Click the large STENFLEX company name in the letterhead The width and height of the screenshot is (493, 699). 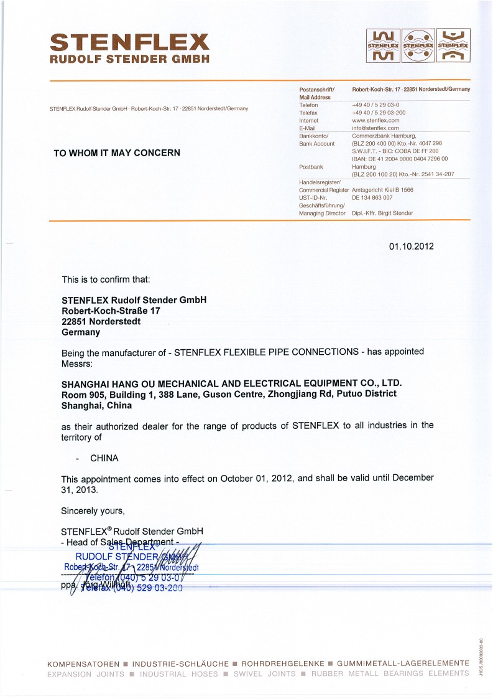click(129, 42)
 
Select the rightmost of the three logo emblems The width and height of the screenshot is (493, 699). click(453, 46)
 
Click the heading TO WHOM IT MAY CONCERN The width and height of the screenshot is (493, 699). click(117, 152)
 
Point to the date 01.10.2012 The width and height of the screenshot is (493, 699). click(411, 246)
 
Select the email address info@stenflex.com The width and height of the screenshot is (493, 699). click(374, 128)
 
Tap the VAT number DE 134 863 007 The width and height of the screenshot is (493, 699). click(372, 197)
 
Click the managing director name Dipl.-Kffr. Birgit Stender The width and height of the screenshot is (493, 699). click(382, 213)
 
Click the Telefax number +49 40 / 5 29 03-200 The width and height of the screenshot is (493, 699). click(379, 113)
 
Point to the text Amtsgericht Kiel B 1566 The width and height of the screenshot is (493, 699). click(382, 189)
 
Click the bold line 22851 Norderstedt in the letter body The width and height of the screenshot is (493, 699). click(101, 322)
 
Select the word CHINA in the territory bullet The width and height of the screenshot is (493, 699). click(104, 458)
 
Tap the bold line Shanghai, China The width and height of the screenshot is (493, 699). click(96, 405)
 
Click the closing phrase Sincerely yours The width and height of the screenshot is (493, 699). click(93, 511)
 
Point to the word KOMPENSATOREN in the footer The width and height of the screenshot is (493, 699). click(84, 664)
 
